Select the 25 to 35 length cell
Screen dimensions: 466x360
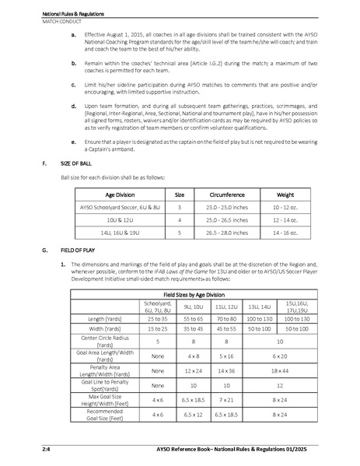[x=159, y=319]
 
